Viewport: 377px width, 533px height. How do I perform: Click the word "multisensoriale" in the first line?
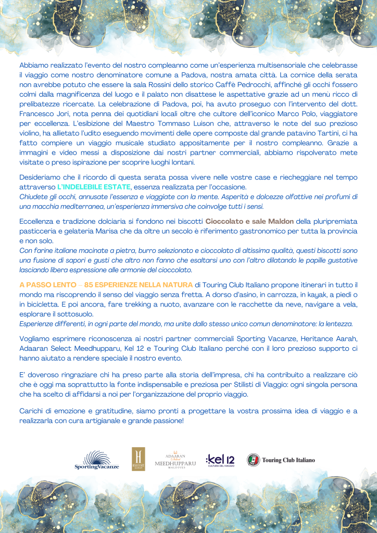[x=263, y=65]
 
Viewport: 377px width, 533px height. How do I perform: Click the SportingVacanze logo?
[x=97, y=460]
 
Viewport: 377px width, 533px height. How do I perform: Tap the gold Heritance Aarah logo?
[x=139, y=459]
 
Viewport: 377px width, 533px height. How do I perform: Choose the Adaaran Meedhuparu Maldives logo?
[x=175, y=460]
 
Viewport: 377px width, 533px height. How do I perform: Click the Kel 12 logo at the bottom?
[x=220, y=460]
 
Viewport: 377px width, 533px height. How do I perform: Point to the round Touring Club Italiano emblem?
[x=254, y=460]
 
